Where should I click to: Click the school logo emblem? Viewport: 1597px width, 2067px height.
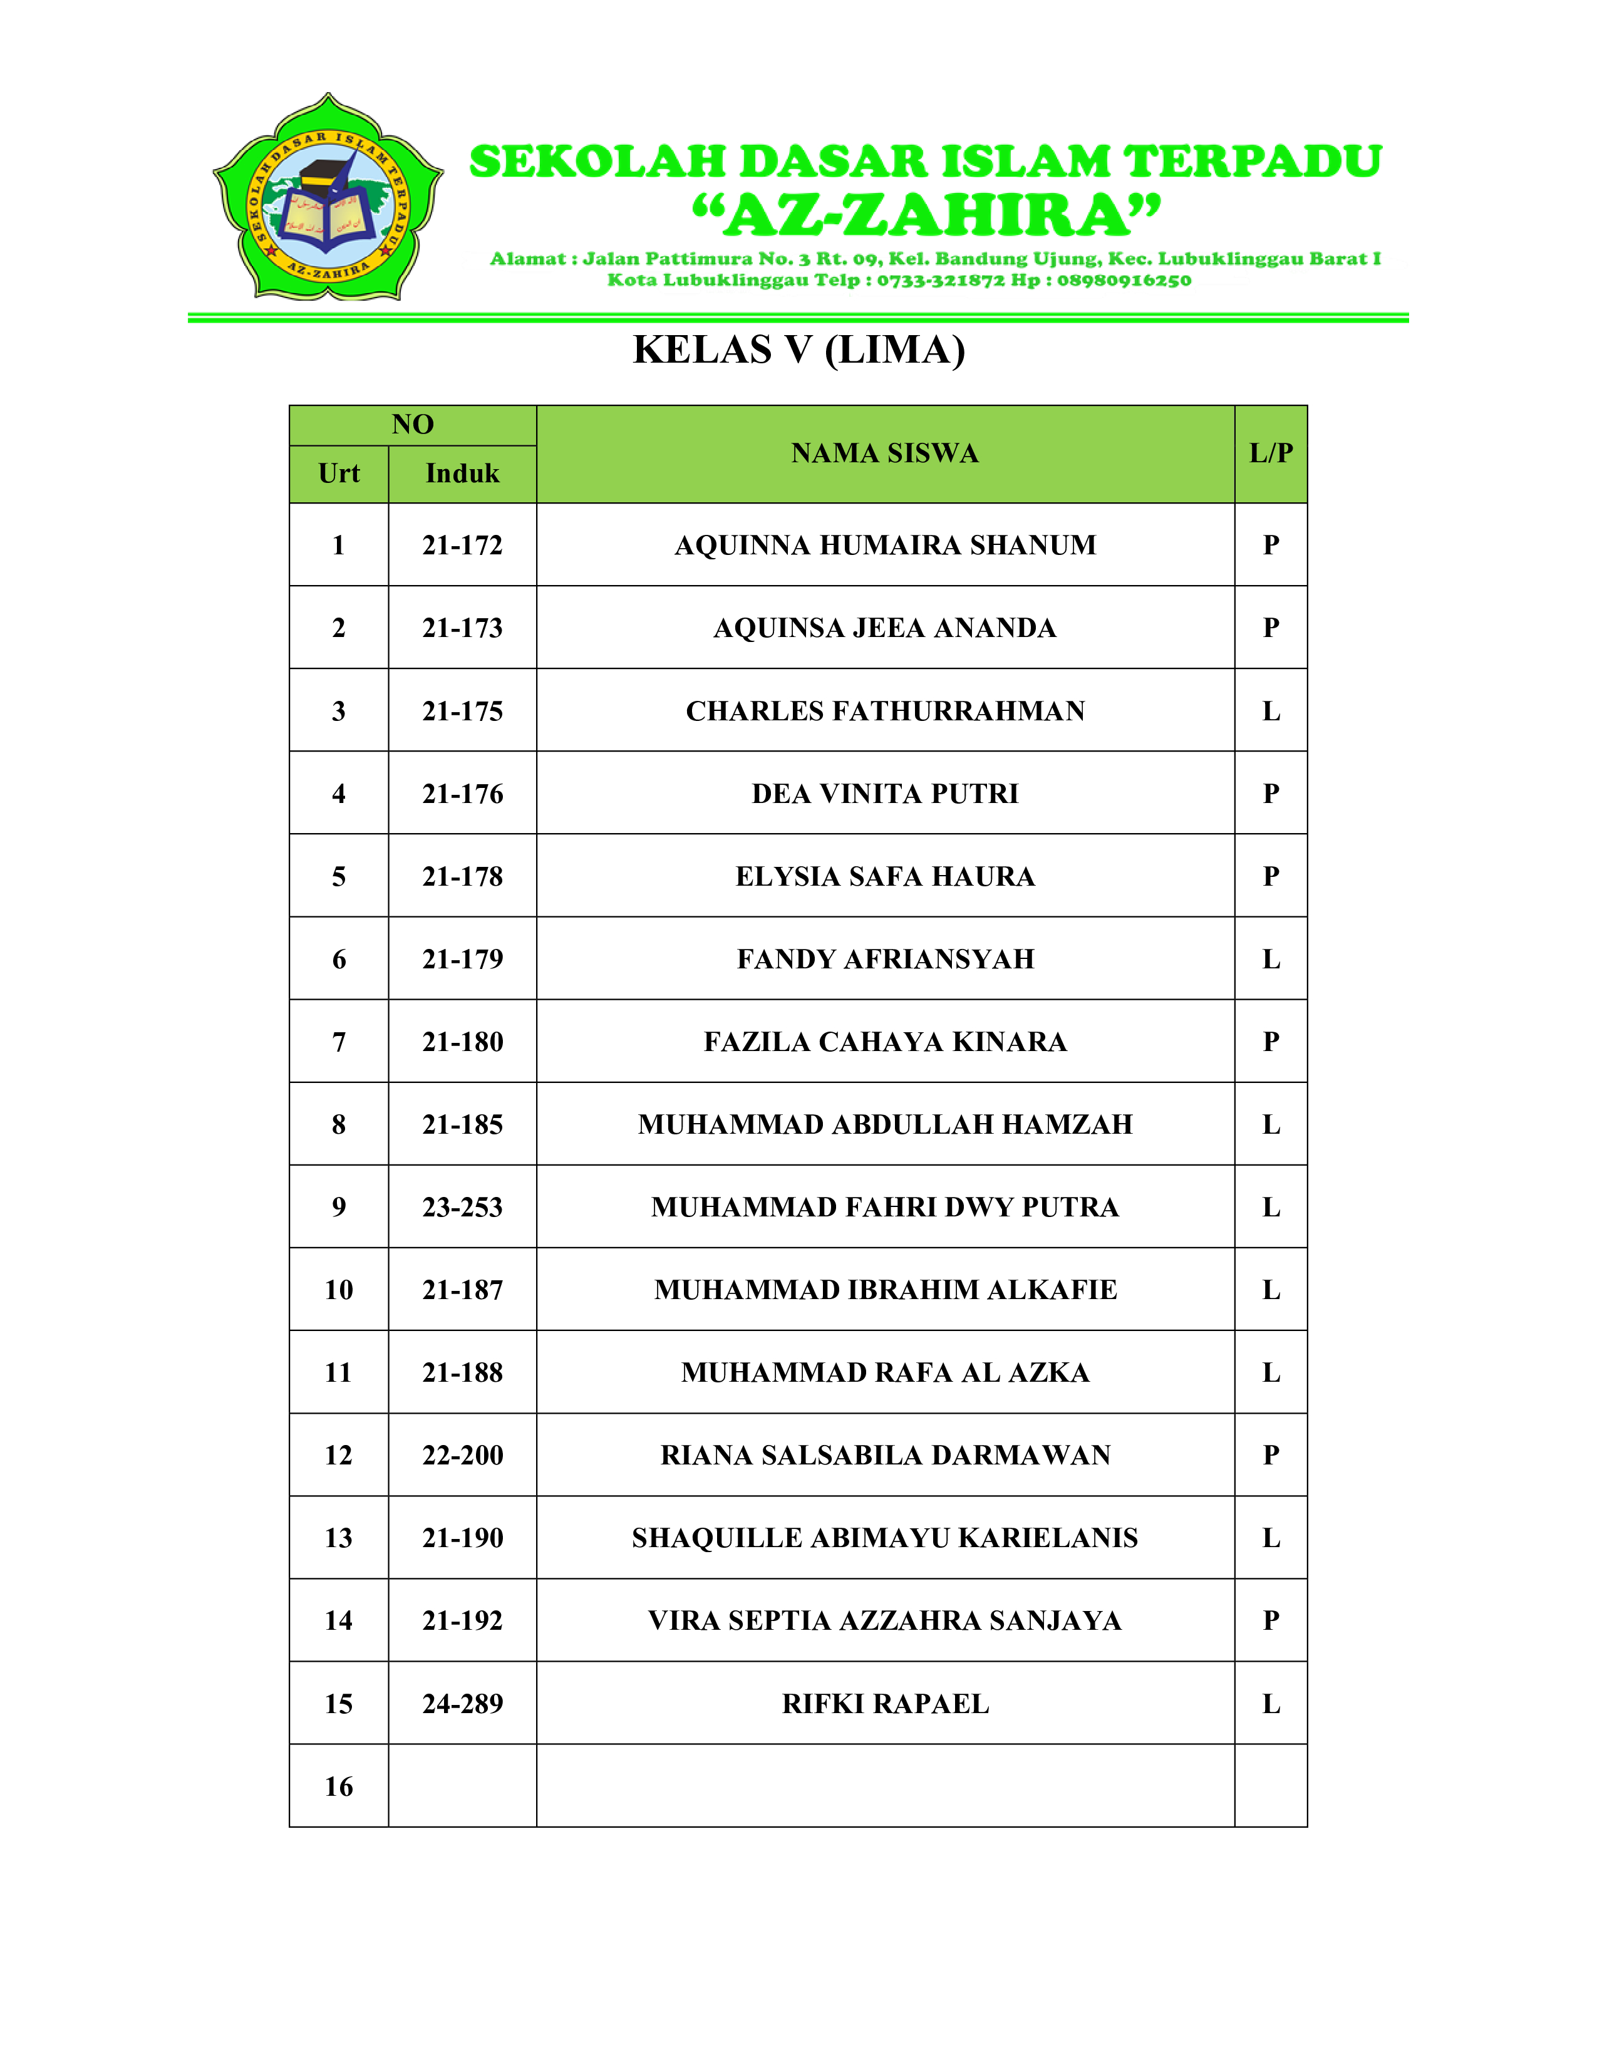point(328,198)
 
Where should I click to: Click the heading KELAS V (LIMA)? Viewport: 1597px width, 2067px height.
point(798,350)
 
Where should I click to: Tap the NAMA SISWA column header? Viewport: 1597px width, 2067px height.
point(884,453)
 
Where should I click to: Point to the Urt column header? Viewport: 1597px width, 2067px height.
point(339,473)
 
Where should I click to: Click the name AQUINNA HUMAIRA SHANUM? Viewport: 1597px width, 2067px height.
point(884,545)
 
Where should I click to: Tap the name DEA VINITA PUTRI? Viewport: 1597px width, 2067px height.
point(884,793)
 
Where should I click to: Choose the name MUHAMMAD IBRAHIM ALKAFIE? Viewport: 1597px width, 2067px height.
point(884,1289)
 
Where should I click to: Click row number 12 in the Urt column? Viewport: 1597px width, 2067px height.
point(339,1454)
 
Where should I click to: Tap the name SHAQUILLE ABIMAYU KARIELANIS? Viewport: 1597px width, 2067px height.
point(884,1537)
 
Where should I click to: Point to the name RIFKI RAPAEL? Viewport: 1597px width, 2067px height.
point(884,1704)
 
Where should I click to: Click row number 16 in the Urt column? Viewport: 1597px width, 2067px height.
point(339,1786)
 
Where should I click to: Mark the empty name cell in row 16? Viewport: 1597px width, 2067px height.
point(884,1786)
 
